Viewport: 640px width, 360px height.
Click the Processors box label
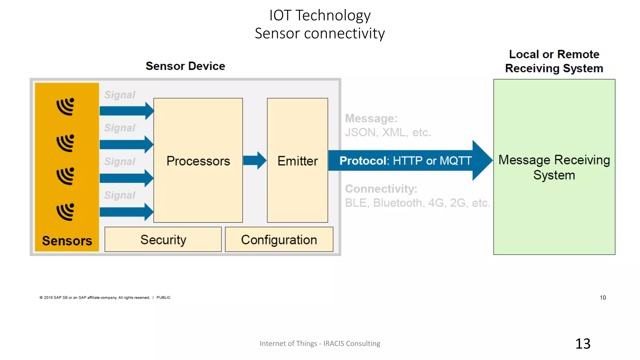pos(198,161)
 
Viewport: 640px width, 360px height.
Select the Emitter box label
pos(297,161)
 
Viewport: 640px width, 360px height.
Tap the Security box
pos(163,240)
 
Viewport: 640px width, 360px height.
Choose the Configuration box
pos(279,240)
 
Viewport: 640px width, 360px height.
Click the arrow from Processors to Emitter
pos(254,160)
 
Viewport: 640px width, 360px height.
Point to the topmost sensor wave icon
pos(66,107)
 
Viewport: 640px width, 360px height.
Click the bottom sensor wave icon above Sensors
pos(66,212)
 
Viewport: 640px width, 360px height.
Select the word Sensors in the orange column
pos(67,241)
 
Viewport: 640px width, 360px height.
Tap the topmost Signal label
pos(120,95)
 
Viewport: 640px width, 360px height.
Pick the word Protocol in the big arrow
pos(363,161)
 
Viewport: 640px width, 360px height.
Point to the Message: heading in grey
pos(371,118)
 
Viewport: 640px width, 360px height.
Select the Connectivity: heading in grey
pos(381,189)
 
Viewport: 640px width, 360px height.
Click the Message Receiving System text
pos(554,167)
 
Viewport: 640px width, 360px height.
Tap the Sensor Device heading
pos(185,66)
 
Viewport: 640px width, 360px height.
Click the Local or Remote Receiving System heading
pos(554,61)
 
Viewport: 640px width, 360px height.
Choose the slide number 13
pos(583,344)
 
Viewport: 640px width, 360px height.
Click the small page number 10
pos(602,297)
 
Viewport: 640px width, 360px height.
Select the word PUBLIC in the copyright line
pos(163,297)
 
